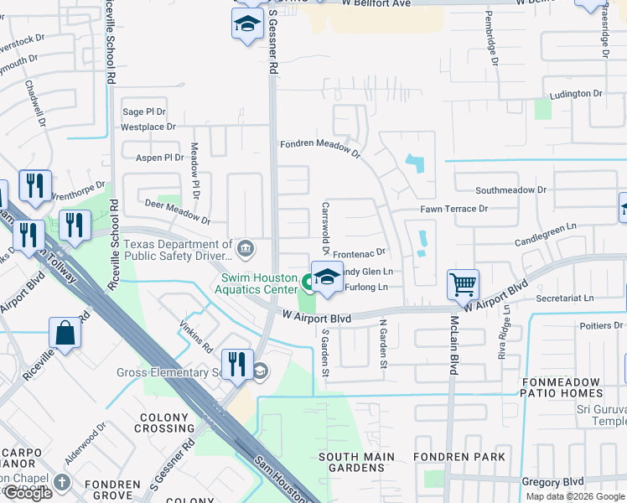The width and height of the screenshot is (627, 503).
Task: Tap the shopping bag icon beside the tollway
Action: coord(65,333)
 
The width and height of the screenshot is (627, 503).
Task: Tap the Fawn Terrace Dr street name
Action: coord(453,209)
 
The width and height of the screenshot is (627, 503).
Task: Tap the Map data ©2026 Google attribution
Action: coord(575,496)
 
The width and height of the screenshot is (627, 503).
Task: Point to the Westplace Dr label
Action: coord(148,127)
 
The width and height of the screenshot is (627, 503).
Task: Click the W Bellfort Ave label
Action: coord(376,3)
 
